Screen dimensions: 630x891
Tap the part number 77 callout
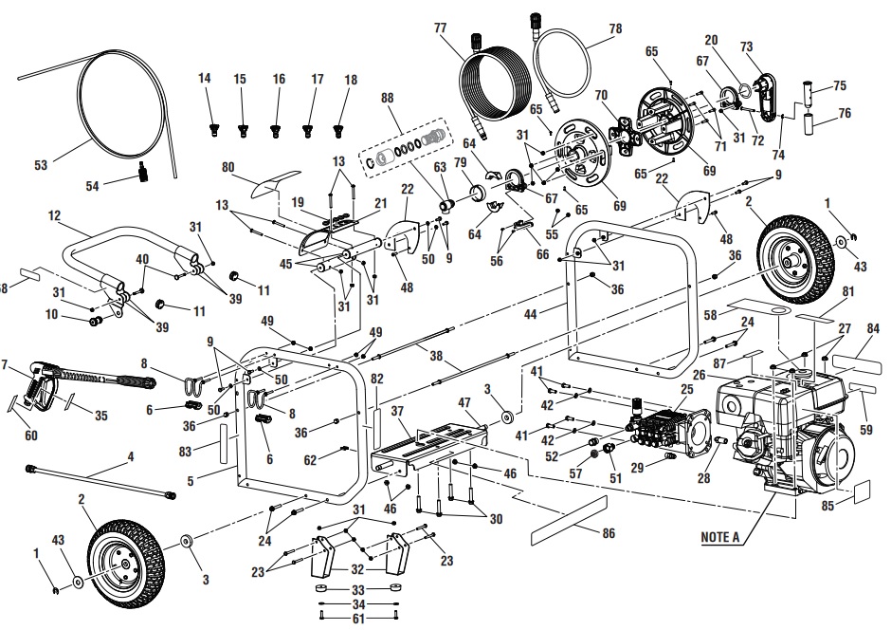[440, 29]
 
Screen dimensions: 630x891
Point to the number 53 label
[41, 165]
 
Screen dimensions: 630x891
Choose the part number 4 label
[131, 456]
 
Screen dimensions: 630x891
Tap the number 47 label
[466, 403]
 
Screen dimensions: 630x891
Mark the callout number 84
[873, 329]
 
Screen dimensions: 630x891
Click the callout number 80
[227, 168]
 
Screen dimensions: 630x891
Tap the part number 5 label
[191, 481]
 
